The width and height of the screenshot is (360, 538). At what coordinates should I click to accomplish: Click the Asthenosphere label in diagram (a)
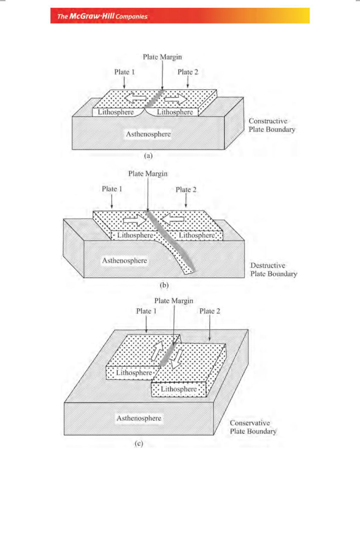click(x=148, y=134)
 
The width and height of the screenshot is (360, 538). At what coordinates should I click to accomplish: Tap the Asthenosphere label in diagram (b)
click(x=125, y=260)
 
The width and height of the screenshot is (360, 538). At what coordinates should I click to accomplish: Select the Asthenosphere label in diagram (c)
click(x=138, y=418)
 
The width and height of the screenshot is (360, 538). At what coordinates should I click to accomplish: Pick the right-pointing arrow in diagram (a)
click(x=176, y=98)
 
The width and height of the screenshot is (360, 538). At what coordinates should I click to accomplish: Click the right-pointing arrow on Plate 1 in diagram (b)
click(x=133, y=221)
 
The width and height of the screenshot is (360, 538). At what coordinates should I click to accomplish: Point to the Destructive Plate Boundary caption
click(x=273, y=270)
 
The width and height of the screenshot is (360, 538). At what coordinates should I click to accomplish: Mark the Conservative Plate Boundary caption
click(x=253, y=427)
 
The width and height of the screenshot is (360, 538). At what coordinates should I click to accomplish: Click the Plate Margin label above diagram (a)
click(x=162, y=57)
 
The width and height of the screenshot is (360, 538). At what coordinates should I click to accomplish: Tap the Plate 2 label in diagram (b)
click(x=186, y=190)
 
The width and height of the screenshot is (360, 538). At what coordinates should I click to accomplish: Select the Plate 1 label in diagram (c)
click(x=147, y=311)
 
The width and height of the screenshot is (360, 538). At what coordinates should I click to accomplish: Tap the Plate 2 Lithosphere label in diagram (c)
click(x=178, y=389)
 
